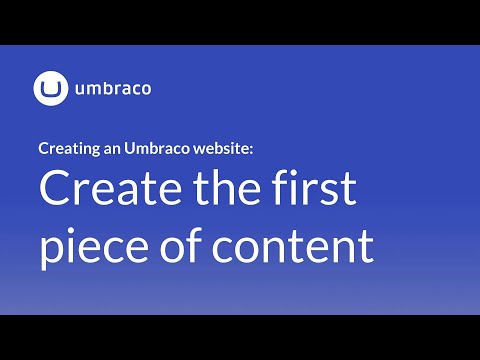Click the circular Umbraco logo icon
50,88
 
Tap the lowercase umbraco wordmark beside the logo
112,89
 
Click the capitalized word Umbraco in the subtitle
153,149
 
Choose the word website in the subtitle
222,149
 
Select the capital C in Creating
43,149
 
